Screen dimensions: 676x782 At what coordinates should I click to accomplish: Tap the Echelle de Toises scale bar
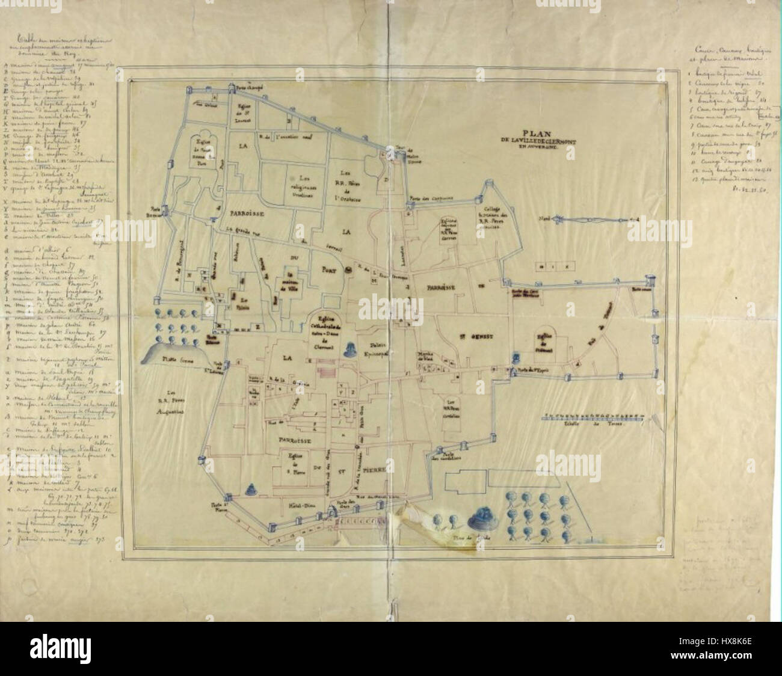click(x=595, y=416)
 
